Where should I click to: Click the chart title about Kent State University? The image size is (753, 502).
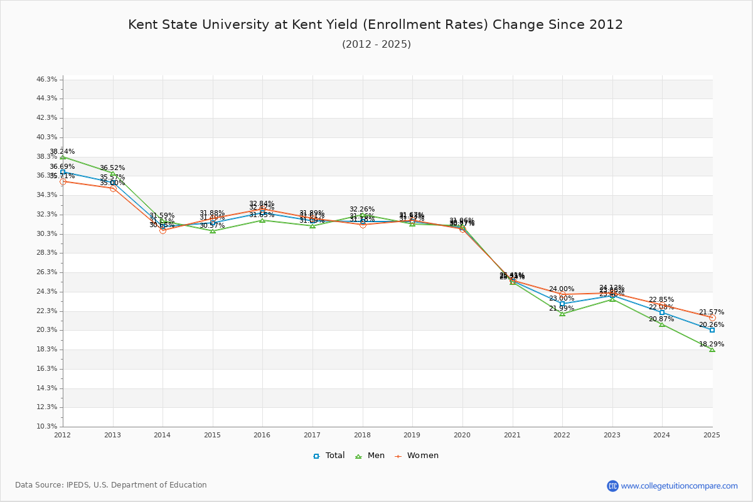tap(375, 24)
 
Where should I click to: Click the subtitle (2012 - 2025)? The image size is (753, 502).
tap(376, 44)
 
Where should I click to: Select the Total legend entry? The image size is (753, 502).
tap(329, 456)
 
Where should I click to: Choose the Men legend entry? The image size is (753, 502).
tap(370, 456)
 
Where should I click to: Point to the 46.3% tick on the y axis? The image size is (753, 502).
tap(47, 80)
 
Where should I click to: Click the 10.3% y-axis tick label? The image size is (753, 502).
tap(47, 427)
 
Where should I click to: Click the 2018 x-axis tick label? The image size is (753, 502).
tap(362, 435)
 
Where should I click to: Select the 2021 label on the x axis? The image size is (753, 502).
tap(512, 435)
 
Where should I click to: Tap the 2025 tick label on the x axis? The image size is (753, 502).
tap(712, 435)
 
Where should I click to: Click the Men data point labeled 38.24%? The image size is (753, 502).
tap(63, 157)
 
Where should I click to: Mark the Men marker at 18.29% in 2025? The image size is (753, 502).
tap(712, 350)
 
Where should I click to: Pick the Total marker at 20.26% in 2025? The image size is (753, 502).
tap(712, 330)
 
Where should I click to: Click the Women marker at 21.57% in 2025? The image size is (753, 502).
tap(712, 318)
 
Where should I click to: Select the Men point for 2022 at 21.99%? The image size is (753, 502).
tap(562, 314)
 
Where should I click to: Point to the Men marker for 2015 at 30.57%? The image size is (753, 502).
tap(213, 231)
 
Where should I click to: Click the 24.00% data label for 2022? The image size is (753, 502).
tap(562, 289)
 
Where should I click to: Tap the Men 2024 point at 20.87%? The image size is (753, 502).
tap(662, 324)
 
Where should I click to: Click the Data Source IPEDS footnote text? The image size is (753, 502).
tap(111, 485)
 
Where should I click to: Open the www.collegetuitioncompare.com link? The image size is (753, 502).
tap(679, 486)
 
